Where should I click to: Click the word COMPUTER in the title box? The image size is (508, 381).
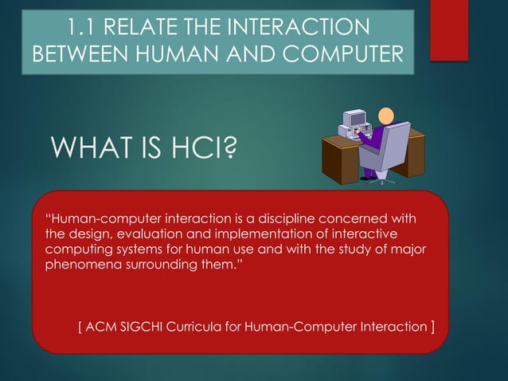(334, 56)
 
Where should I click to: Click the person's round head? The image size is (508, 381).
(385, 116)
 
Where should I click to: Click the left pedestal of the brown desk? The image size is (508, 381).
(334, 164)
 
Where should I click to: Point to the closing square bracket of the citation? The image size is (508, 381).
(432, 327)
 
